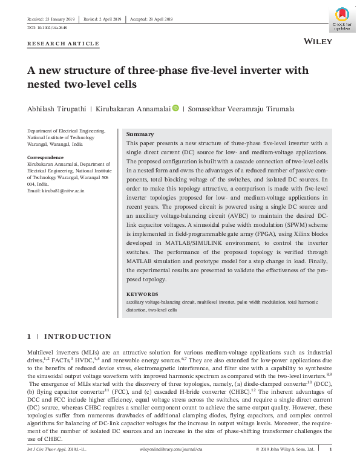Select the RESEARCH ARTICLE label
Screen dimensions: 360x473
[64, 44]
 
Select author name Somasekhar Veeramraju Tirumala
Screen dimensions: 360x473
[234, 109]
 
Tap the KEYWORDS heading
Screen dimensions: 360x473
[143, 293]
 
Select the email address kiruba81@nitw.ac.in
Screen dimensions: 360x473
[56, 191]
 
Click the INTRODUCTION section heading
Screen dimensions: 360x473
[78, 336]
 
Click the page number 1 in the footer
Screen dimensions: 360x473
[330, 449]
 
